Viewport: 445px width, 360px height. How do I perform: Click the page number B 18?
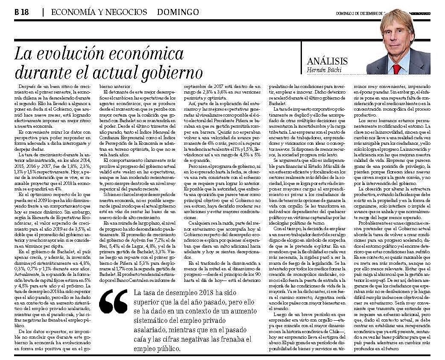[x=21, y=12]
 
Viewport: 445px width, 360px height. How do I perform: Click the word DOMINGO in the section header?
[x=181, y=12]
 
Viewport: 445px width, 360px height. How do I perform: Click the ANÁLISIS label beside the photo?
[x=327, y=61]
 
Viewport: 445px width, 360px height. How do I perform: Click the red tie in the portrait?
[x=397, y=68]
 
